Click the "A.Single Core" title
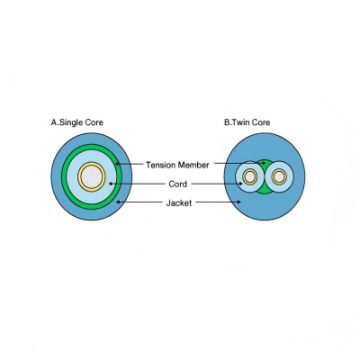click(77, 122)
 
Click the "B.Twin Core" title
click(247, 122)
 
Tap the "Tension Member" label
click(177, 165)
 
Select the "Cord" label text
click(177, 184)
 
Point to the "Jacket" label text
click(179, 203)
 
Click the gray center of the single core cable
click(92, 176)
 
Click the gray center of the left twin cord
click(249, 177)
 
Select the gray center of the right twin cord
click(279, 177)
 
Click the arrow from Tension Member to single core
click(130, 164)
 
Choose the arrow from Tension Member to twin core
click(240, 164)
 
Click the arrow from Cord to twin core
click(217, 184)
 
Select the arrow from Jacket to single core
click(139, 202)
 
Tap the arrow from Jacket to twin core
click(218, 202)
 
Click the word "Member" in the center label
click(193, 165)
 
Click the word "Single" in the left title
click(71, 122)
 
